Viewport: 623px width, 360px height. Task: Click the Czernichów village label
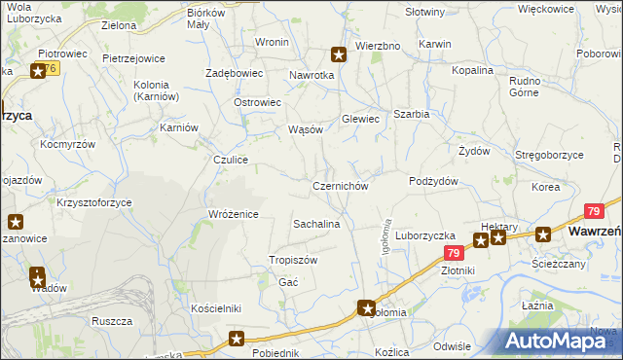click(x=340, y=186)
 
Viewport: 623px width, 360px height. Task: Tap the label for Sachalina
click(x=316, y=224)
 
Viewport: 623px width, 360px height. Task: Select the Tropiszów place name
click(x=293, y=260)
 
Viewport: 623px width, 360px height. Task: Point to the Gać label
click(x=288, y=281)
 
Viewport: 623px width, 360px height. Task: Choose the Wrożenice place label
click(x=233, y=214)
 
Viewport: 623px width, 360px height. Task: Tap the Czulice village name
click(x=233, y=160)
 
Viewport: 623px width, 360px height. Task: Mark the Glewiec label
click(x=359, y=119)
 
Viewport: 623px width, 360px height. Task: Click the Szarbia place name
click(x=411, y=114)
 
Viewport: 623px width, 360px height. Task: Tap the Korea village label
click(x=545, y=186)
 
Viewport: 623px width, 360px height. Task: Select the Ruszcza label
click(x=111, y=320)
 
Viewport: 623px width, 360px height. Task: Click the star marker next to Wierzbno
click(x=339, y=55)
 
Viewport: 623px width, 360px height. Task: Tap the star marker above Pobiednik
click(x=237, y=339)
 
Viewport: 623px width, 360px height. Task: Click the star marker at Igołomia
click(x=367, y=308)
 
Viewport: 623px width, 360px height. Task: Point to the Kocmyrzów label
click(x=67, y=143)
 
